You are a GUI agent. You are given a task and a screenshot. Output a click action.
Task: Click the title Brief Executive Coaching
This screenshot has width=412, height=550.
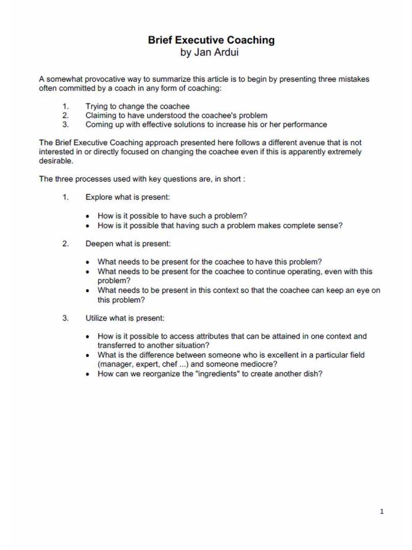point(211,40)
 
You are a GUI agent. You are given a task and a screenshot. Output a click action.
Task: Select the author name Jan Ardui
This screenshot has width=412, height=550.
point(216,52)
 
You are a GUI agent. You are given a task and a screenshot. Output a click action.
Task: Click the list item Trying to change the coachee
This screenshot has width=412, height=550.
point(137,106)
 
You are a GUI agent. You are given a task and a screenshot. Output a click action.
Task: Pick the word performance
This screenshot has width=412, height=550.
point(305,124)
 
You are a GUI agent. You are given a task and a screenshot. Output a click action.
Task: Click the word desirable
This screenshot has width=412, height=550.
point(56,161)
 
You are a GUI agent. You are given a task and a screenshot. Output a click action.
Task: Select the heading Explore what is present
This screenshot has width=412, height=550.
point(127,197)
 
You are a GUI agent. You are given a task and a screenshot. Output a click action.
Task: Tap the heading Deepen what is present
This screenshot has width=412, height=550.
point(128,244)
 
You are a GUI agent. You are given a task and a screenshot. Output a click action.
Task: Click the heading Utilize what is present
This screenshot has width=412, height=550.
point(125,318)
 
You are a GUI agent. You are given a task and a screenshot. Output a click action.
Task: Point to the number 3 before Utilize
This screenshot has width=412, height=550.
point(65,318)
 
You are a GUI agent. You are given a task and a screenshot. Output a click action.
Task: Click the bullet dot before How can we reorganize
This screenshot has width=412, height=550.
point(88,374)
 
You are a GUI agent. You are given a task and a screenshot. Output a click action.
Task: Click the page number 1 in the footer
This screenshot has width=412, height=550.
point(382,511)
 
